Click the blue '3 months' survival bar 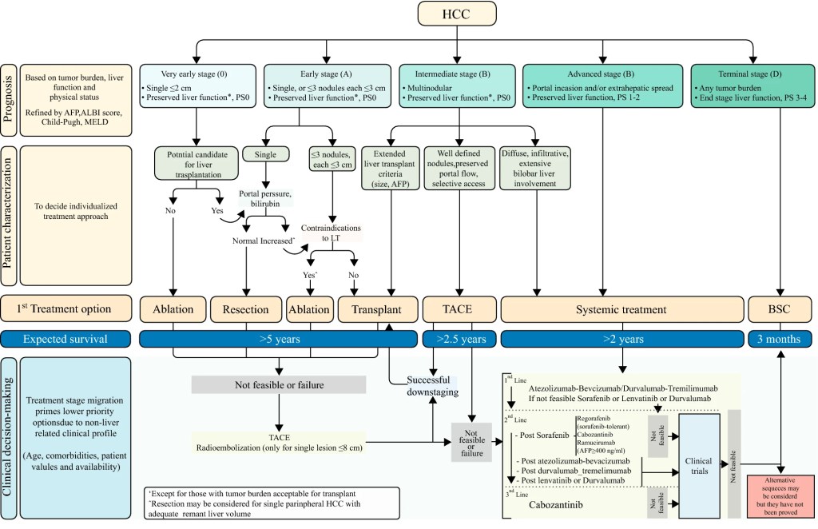click(778, 339)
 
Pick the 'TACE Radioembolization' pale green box click(278, 441)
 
